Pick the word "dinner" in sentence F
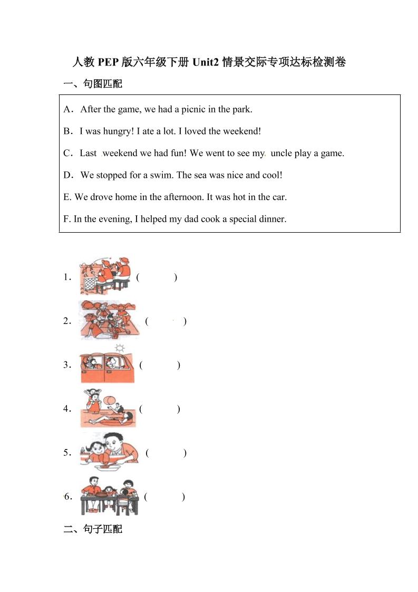point(271,218)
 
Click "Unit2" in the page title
point(206,62)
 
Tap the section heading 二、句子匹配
point(93,529)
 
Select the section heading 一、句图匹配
point(93,84)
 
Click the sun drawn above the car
point(120,348)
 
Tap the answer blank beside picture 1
point(157,277)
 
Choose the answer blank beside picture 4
point(160,409)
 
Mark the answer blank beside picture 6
point(164,496)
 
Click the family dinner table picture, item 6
point(109,496)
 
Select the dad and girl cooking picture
point(109,452)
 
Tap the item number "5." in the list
point(67,452)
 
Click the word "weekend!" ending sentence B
point(242,131)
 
